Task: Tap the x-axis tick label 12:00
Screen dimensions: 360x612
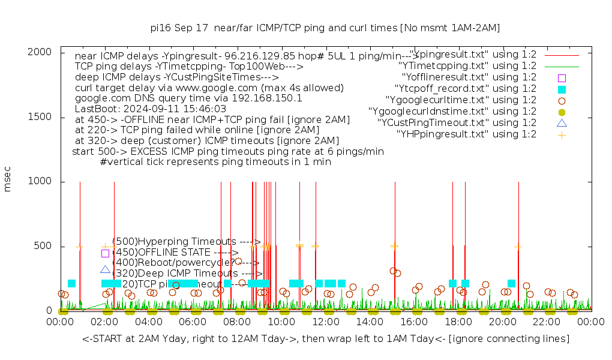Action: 326,323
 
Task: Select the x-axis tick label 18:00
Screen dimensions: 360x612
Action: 458,323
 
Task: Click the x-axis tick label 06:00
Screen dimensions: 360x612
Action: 193,323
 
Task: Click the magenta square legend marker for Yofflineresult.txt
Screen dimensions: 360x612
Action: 562,77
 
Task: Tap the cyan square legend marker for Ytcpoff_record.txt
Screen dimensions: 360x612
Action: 562,89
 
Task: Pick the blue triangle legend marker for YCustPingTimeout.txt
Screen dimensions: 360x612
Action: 562,123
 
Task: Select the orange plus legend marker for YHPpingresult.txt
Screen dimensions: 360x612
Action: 562,134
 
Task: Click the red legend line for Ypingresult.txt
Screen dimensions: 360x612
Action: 562,55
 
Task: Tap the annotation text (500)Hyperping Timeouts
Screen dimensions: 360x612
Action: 186,242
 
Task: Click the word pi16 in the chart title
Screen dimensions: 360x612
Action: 162,28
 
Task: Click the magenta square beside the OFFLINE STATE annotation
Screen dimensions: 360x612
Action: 105,253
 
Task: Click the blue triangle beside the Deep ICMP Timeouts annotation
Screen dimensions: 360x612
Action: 106,270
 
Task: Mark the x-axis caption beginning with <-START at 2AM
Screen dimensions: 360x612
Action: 326,339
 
